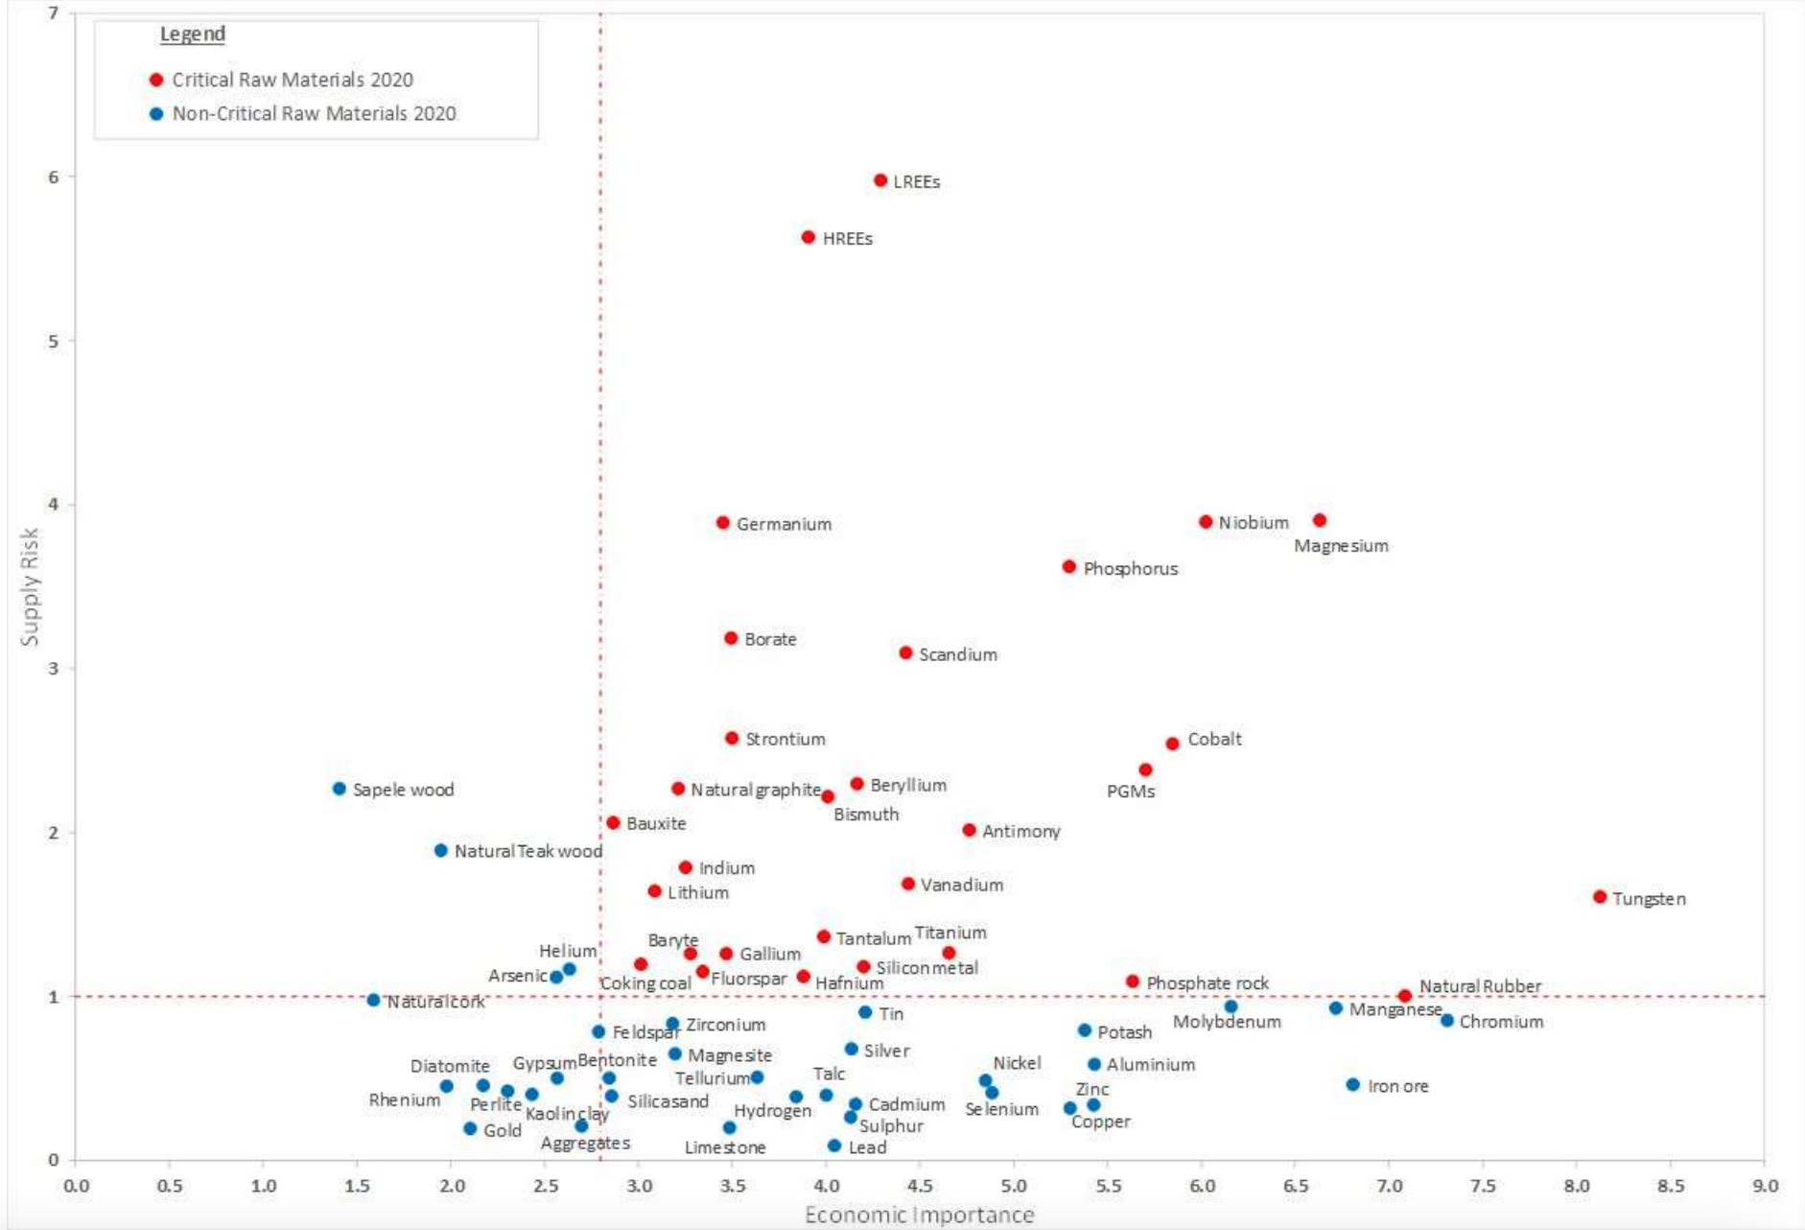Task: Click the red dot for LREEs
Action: pos(880,180)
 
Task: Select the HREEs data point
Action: pos(809,237)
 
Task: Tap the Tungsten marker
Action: pos(1600,897)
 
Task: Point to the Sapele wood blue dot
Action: pos(340,789)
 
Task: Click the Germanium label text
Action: pos(784,524)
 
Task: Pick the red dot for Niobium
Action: pos(1206,522)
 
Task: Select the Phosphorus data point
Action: pos(1069,567)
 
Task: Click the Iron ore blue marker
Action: pos(1353,1085)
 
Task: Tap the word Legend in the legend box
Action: pos(193,35)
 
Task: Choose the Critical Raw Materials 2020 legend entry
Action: pos(292,80)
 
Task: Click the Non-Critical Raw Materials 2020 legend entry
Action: pos(314,113)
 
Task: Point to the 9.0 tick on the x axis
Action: pos(1765,1186)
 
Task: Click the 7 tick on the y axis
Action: pos(53,13)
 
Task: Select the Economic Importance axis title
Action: pos(919,1216)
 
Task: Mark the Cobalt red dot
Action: pos(1172,744)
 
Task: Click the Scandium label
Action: pos(957,654)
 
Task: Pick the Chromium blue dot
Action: pos(1447,1021)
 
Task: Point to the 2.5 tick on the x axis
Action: pos(546,1186)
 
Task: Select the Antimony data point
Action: pos(970,830)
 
